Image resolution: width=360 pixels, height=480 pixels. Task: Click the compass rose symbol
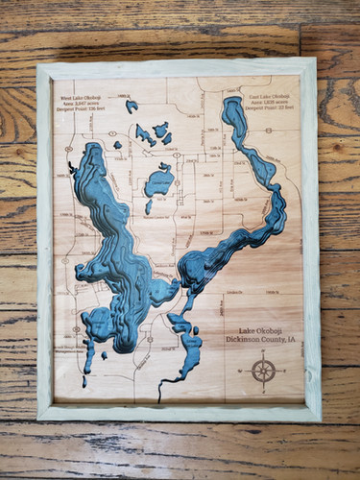[263, 370]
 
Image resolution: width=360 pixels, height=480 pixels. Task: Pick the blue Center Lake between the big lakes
[158, 181]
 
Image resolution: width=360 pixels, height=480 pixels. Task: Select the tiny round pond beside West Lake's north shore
[118, 145]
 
